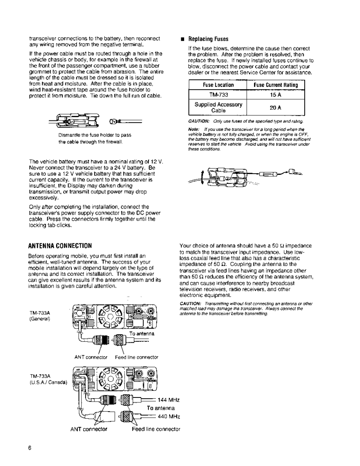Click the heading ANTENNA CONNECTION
click(60, 244)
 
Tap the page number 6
click(30, 448)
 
